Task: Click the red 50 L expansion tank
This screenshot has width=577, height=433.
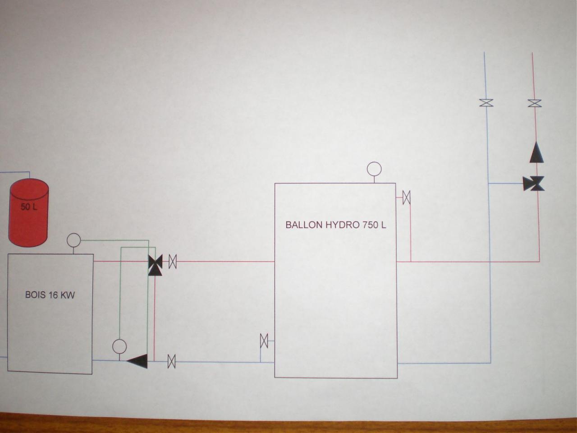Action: point(29,212)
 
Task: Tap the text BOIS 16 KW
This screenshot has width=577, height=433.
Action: point(50,295)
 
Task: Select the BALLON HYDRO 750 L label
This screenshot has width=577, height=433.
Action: point(336,225)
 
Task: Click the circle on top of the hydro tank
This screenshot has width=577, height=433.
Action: point(374,169)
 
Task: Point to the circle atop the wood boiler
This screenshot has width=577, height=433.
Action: point(73,240)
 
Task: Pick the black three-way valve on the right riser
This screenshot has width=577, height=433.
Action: point(534,184)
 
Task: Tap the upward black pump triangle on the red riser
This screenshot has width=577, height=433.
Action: point(536,153)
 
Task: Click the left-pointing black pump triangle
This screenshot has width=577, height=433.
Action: point(137,361)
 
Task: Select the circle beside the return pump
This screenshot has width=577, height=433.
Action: point(119,346)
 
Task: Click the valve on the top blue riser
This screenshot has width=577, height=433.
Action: point(486,103)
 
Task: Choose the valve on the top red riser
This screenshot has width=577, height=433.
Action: point(535,103)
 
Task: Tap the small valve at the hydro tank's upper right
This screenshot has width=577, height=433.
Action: point(407,198)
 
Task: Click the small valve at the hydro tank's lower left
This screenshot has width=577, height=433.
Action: point(264,341)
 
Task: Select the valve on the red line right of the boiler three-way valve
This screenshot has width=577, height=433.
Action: point(173,262)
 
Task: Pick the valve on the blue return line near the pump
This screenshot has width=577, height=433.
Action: point(171,361)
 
